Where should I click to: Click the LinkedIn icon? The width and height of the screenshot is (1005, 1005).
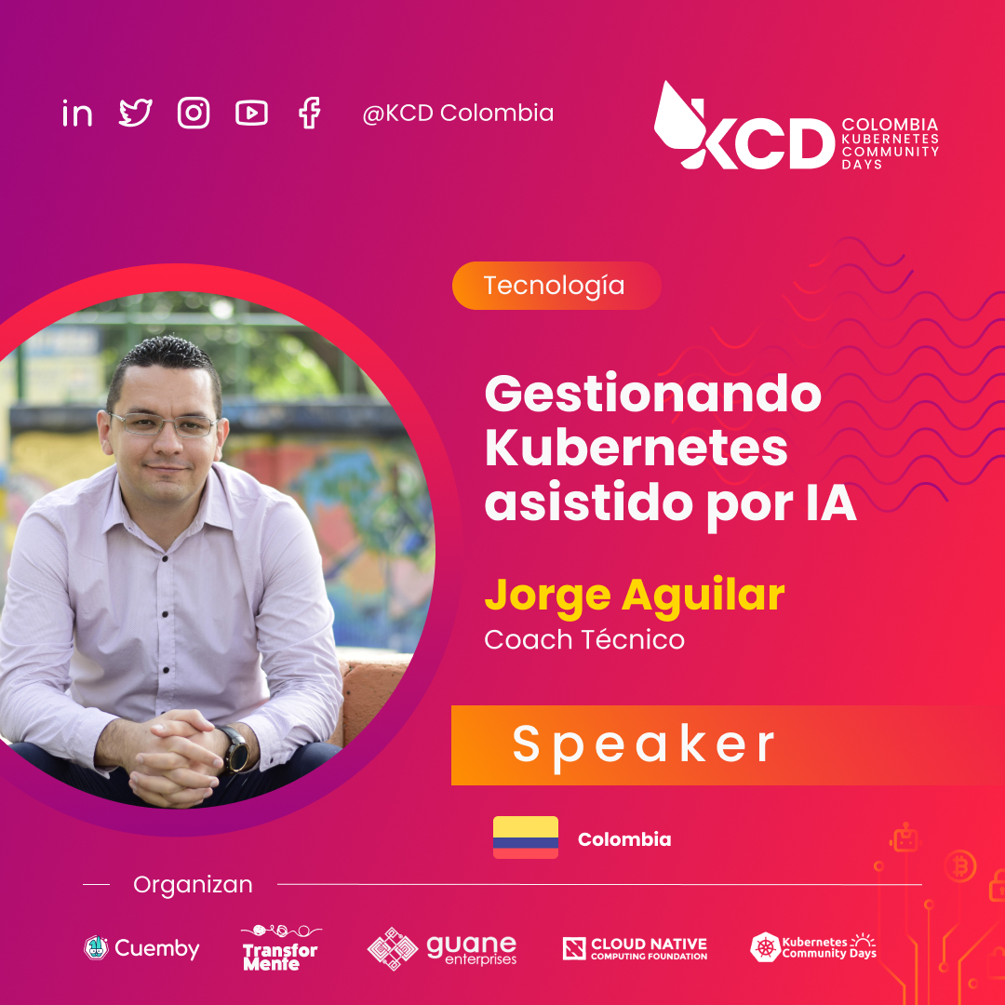[77, 114]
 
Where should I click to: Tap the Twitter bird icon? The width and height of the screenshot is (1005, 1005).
[136, 114]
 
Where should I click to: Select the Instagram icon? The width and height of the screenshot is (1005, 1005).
[194, 114]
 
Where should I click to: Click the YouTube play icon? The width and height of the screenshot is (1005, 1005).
[251, 114]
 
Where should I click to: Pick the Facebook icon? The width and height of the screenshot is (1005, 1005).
[309, 114]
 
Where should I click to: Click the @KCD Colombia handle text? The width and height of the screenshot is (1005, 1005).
[458, 114]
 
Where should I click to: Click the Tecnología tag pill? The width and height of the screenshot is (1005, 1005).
[556, 286]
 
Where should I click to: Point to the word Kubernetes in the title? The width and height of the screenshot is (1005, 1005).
[636, 449]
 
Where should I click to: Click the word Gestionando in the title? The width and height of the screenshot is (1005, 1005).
[652, 395]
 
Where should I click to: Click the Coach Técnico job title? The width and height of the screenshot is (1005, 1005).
[584, 640]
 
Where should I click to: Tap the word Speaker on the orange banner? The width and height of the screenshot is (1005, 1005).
[644, 744]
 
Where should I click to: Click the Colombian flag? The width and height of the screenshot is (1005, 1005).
[526, 837]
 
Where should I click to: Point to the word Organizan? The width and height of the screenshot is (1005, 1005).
[193, 884]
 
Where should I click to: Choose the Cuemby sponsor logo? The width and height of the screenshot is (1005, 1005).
[141, 948]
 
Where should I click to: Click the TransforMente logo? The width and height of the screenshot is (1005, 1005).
[280, 948]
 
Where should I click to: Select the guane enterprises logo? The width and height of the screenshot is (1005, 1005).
[443, 948]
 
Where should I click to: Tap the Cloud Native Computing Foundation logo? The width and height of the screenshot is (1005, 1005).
[635, 948]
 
